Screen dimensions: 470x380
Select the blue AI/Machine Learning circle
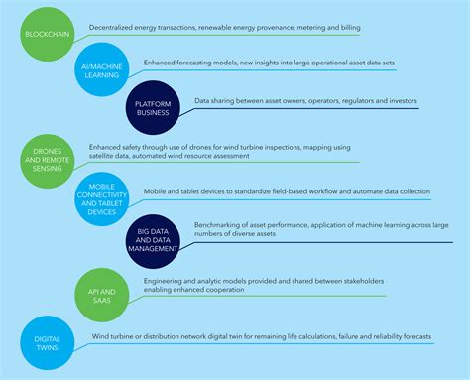(x=103, y=68)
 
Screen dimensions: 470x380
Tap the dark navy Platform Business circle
(x=154, y=106)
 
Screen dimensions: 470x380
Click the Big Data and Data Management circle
(x=154, y=241)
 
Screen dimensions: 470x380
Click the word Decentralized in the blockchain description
(x=112, y=26)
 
